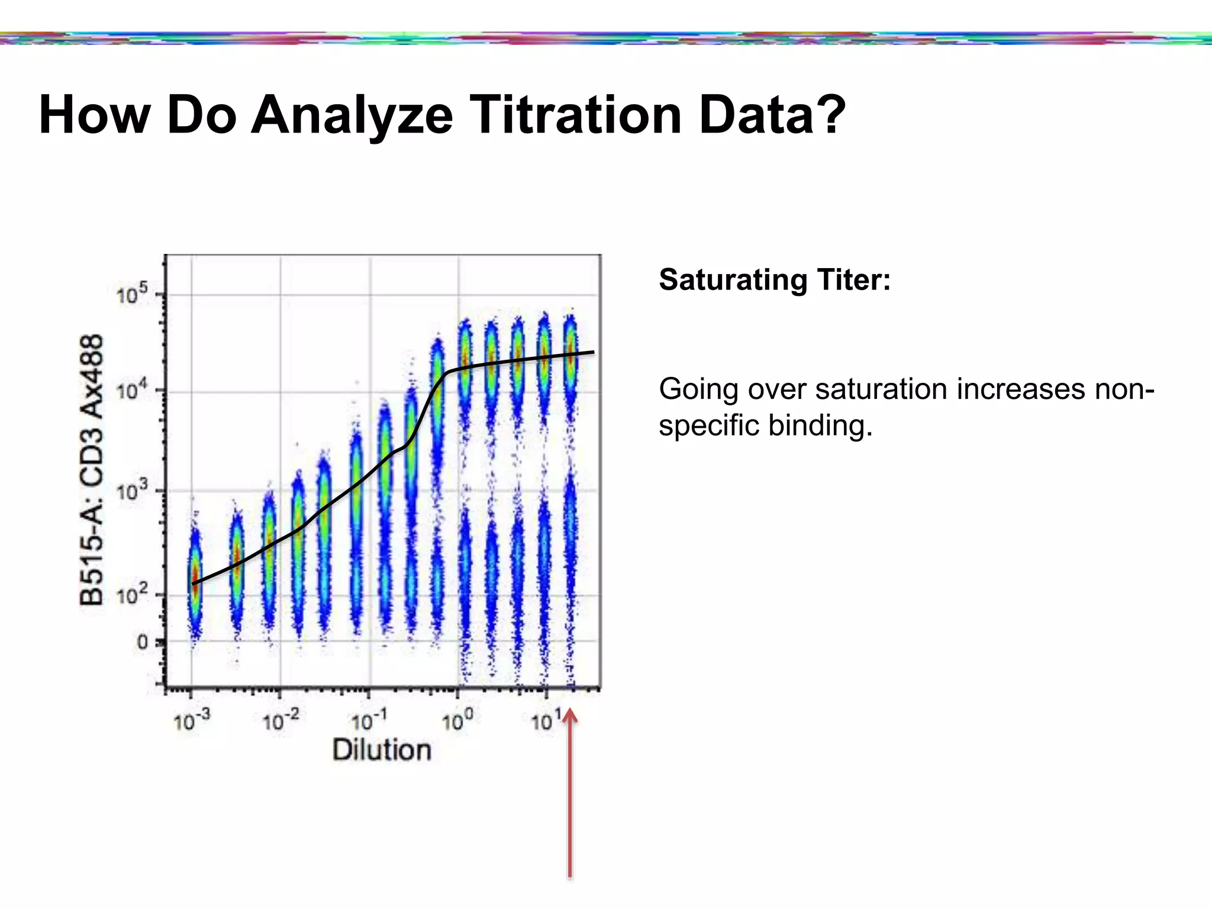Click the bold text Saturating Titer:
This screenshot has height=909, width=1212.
(774, 279)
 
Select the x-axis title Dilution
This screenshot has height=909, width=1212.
(382, 750)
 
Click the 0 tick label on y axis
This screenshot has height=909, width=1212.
(142, 642)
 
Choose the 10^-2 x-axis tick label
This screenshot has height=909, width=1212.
(280, 721)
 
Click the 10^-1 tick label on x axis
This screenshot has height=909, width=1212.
(369, 721)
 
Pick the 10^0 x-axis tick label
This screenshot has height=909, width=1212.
(457, 721)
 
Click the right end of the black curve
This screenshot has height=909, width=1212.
(592, 353)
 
